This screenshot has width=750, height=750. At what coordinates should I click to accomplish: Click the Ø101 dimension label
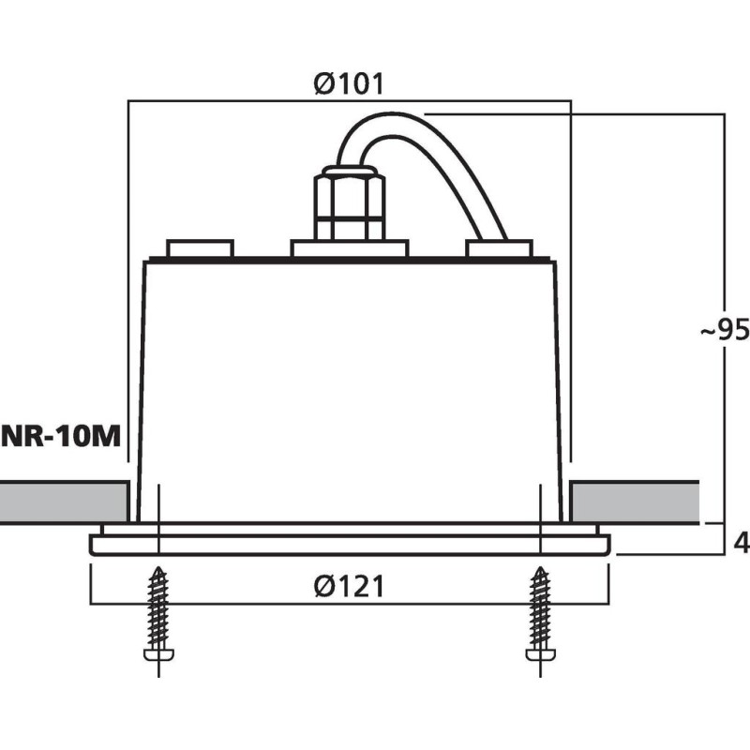(x=349, y=84)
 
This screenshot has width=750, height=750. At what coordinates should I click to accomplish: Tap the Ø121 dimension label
(x=349, y=586)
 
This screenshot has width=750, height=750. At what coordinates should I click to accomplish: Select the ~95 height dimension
(x=725, y=329)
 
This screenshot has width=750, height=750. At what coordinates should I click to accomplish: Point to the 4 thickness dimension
(x=742, y=544)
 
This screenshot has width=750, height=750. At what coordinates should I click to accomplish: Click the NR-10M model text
(x=61, y=436)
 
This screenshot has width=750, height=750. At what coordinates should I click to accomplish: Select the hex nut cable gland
(x=350, y=205)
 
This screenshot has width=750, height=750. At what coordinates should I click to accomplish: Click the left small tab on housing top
(x=200, y=248)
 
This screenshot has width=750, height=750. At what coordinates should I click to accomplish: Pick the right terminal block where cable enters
(x=500, y=248)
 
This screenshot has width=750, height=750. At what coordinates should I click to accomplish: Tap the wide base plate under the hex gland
(x=350, y=248)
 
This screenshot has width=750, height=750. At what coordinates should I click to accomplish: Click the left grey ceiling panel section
(x=64, y=502)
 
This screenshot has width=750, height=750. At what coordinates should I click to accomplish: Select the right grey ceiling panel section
(x=635, y=502)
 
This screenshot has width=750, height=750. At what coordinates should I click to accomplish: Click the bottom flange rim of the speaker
(x=350, y=546)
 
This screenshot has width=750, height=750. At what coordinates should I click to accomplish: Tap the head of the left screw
(x=158, y=654)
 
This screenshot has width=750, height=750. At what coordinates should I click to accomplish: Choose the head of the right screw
(x=541, y=654)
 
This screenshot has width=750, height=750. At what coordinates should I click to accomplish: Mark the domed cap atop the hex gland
(x=350, y=171)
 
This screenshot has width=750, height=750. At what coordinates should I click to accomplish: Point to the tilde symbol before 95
(x=709, y=331)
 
